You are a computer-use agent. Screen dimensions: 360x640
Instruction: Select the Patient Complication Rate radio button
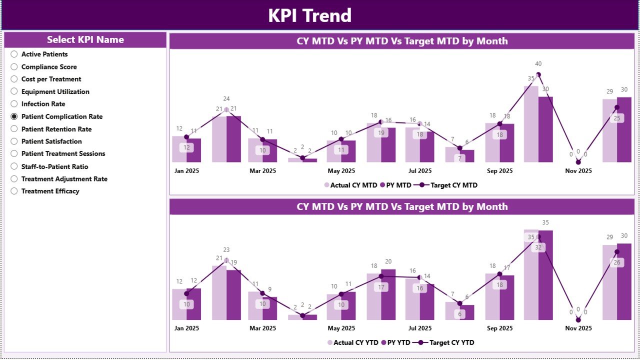coord(14,116)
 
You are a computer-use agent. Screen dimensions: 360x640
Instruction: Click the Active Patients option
coord(14,54)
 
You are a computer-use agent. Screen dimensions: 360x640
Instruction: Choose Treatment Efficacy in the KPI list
coord(14,191)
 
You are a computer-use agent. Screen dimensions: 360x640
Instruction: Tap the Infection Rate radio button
coord(14,104)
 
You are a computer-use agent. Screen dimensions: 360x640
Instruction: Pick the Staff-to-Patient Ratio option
coord(14,166)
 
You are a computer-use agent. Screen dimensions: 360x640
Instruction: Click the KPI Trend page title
coord(309,15)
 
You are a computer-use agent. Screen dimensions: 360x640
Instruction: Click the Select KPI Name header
coord(85,40)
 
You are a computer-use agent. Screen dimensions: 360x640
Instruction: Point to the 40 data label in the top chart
coord(538,64)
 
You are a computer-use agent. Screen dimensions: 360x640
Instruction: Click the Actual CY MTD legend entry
coord(350,185)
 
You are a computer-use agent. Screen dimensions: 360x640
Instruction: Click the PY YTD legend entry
coord(394,342)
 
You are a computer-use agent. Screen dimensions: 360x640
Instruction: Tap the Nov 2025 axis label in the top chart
coord(578,171)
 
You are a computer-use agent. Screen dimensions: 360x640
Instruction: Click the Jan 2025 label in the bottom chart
coord(186,328)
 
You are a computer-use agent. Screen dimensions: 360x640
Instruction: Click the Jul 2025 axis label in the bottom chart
coord(420,328)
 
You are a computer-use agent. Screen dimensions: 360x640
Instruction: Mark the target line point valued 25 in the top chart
coord(616,107)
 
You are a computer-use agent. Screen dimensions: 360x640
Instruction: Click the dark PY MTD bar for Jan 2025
coord(194,150)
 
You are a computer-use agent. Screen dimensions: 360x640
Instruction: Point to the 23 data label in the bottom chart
coord(226,250)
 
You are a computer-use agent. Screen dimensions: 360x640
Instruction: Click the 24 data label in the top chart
coord(226,99)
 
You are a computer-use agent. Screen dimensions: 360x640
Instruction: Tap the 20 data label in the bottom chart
coord(388,261)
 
